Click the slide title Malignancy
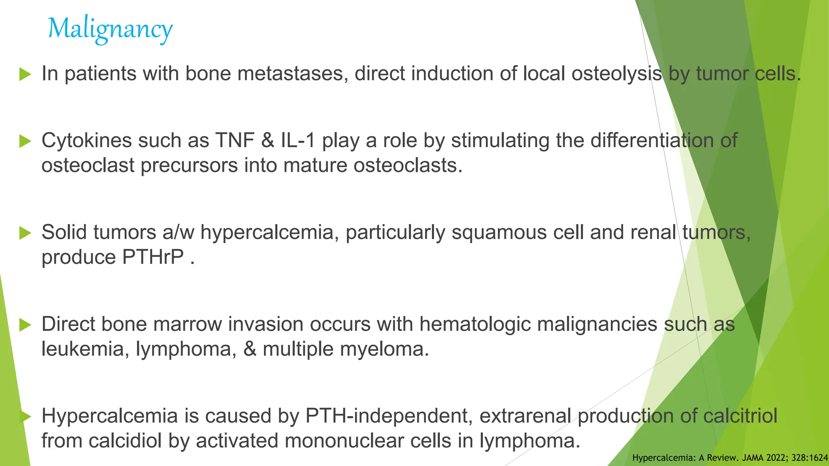(110, 29)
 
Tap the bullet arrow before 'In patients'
(25, 74)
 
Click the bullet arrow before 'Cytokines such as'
(25, 141)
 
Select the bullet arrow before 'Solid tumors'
(25, 233)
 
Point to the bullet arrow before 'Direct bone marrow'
(25, 325)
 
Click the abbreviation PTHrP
(153, 257)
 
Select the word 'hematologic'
(474, 324)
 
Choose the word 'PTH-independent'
(389, 416)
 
